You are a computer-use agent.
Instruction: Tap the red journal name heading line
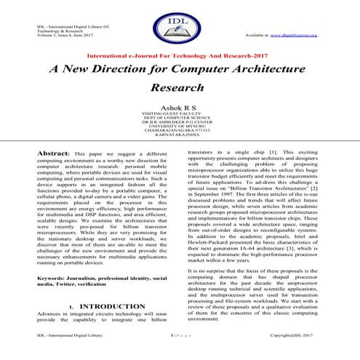coord(180,55)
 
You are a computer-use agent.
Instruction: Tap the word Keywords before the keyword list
coord(51,258)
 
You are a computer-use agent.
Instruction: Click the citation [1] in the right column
coord(273,154)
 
